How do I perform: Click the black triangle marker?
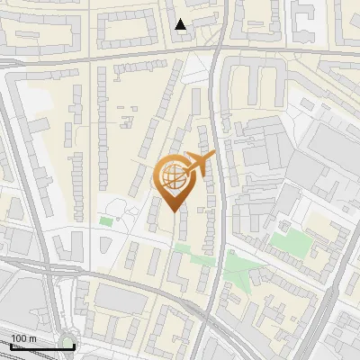pyautogui.click(x=182, y=25)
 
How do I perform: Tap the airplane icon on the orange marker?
pyautogui.click(x=200, y=164)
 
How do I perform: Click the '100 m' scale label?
pyautogui.click(x=23, y=338)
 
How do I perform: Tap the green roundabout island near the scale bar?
pyautogui.click(x=67, y=342)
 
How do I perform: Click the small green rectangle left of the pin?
pyautogui.click(x=106, y=220)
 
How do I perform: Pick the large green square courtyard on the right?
pyautogui.click(x=287, y=242)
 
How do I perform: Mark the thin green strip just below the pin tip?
pyautogui.click(x=184, y=248)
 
